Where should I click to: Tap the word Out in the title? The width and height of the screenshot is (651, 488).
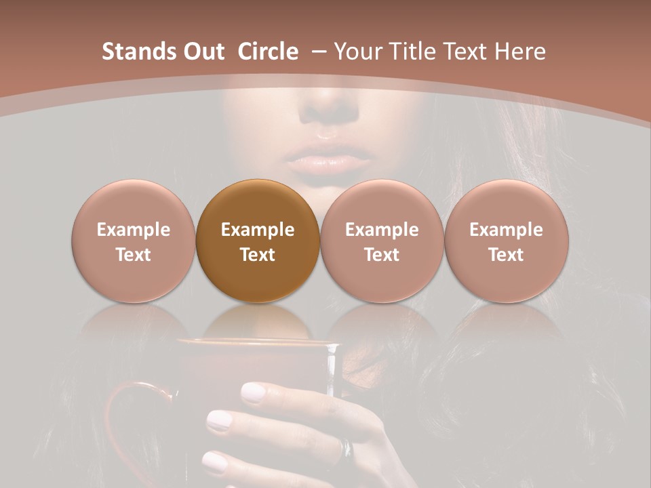point(203,52)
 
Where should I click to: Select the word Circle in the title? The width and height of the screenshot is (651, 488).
point(268,52)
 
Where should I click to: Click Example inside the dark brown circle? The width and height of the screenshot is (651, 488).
point(258,230)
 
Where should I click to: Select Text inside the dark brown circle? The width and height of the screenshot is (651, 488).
point(258,255)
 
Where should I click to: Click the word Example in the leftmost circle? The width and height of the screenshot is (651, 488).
point(134,230)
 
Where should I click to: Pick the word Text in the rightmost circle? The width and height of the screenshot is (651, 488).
point(507,255)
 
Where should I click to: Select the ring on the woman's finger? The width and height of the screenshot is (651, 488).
point(347,447)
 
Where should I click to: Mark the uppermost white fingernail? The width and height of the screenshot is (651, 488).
point(254,392)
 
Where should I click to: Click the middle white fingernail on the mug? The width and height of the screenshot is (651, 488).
point(219,421)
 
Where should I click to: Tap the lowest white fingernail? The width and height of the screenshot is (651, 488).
point(215,462)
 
